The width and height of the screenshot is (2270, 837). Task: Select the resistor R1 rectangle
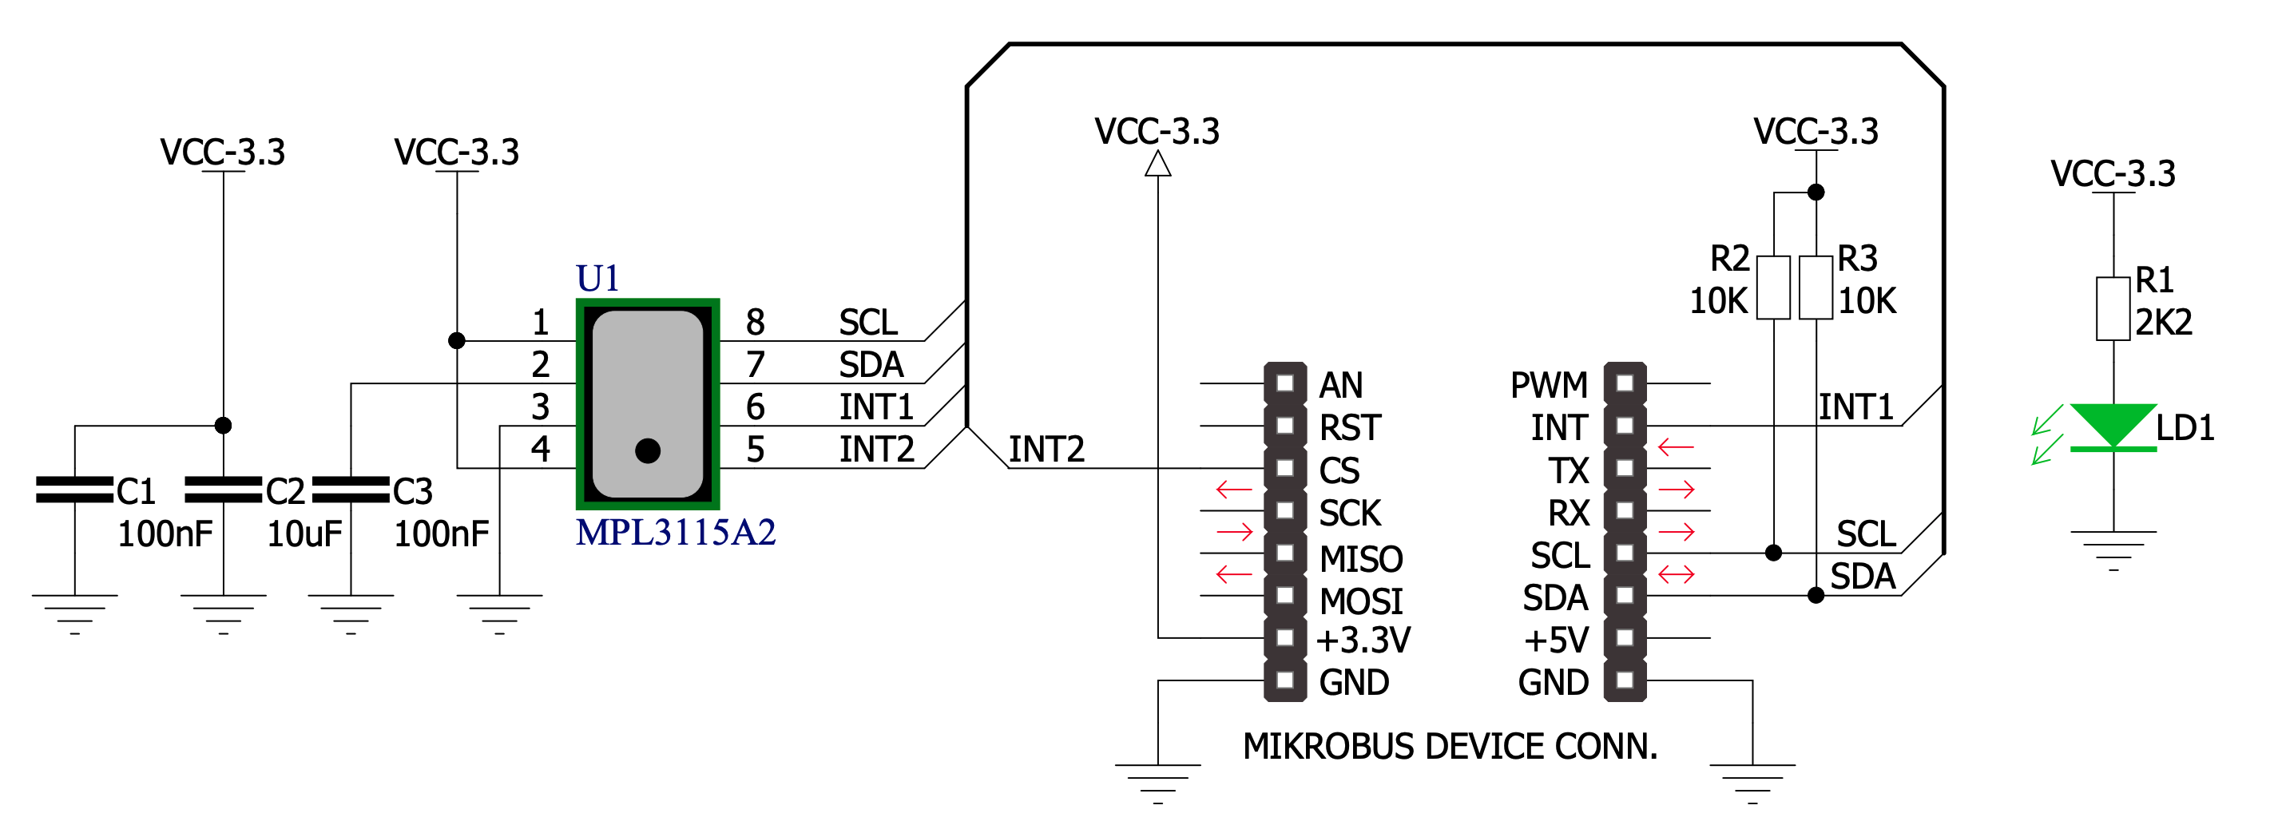2113,308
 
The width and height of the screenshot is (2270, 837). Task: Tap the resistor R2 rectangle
1773,288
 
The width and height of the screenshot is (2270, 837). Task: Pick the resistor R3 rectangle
1816,288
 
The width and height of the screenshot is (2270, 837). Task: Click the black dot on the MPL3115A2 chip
648,451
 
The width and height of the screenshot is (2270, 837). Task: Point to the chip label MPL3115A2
675,532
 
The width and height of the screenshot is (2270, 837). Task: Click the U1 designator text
597,279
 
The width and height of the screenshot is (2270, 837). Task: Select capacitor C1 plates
75,490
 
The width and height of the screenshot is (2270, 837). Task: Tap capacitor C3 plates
351,490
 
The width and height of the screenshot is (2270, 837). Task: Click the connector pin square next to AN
1285,383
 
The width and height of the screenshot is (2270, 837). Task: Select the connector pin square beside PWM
1625,383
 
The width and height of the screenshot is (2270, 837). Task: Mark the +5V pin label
1556,641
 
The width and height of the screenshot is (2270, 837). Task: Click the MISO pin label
1360,558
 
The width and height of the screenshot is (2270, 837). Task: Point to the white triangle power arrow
1158,164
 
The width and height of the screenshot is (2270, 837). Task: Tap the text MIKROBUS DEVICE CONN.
1450,746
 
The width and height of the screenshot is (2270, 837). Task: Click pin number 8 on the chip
755,323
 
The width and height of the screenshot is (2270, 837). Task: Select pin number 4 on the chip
540,450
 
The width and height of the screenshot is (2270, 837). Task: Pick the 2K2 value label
2164,323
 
